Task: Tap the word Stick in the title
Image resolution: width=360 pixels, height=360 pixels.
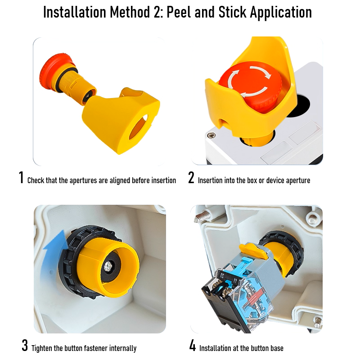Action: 233,12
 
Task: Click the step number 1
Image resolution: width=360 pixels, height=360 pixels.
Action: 21,177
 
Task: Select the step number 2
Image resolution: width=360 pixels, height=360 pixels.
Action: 191,177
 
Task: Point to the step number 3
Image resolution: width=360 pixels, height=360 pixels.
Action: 25,345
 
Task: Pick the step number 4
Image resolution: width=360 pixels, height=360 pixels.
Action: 193,345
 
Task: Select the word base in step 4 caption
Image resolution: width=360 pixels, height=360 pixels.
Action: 277,348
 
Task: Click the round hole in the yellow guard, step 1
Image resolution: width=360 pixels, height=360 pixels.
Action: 139,127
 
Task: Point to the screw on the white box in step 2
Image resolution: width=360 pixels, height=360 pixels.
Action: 211,135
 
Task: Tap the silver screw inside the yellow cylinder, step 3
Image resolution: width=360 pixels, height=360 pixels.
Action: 108,266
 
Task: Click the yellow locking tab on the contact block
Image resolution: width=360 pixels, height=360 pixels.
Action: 253,251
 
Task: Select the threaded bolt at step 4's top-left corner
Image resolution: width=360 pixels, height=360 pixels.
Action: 202,217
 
